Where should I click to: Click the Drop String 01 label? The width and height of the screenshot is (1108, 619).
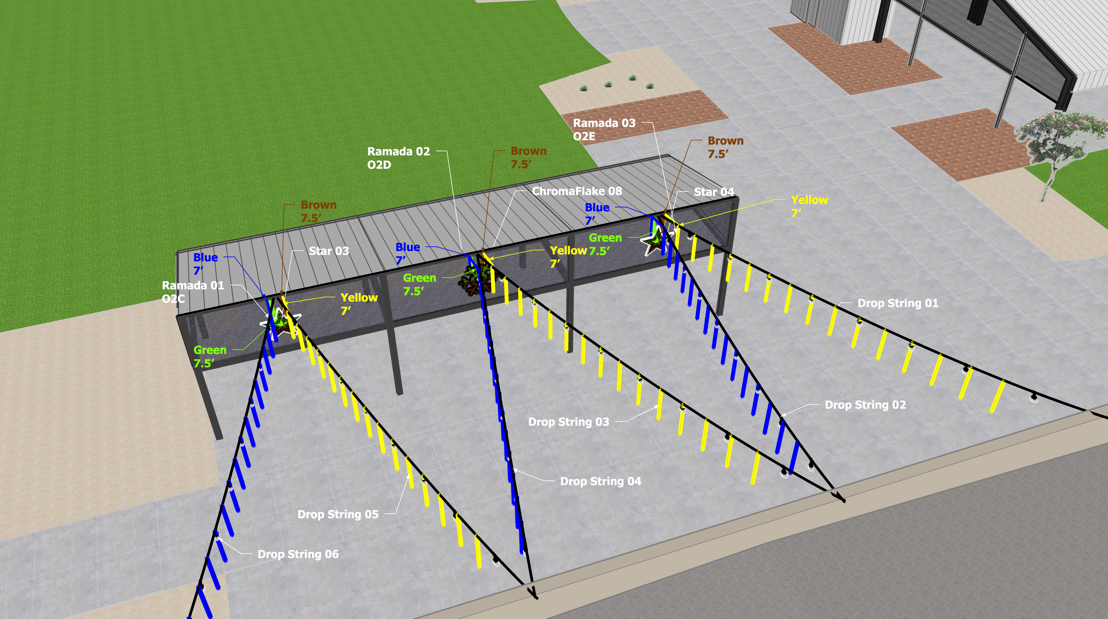(x=898, y=303)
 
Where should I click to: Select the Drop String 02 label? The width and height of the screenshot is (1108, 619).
(x=865, y=405)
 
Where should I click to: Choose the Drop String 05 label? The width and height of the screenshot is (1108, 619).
(x=338, y=514)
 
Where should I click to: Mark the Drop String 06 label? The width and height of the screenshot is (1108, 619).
(x=298, y=554)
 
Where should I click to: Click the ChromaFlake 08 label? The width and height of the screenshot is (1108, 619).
(x=577, y=191)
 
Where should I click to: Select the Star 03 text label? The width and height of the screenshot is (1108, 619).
(x=329, y=251)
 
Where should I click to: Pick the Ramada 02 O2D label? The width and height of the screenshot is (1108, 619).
(x=398, y=158)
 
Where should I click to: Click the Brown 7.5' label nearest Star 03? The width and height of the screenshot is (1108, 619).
(x=318, y=211)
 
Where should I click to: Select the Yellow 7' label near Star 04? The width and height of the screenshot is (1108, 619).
(x=809, y=206)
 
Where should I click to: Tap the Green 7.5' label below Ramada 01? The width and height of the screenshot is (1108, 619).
(x=210, y=356)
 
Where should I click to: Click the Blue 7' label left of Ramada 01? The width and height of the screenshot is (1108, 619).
(x=205, y=263)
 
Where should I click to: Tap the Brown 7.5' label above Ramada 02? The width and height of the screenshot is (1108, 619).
(x=528, y=157)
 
